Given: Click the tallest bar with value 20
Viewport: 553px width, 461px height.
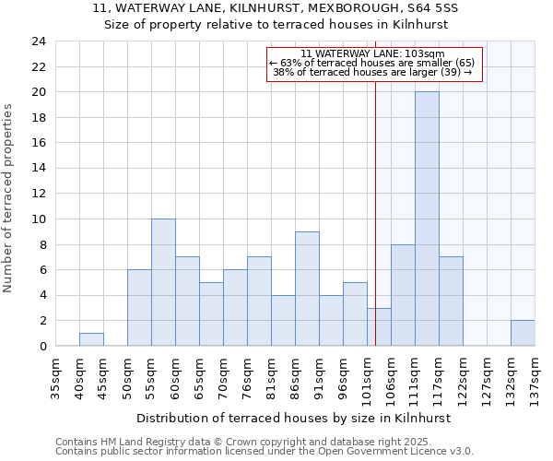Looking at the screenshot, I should click(427, 219).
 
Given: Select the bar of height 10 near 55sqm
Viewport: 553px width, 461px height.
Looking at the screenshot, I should click(163, 282).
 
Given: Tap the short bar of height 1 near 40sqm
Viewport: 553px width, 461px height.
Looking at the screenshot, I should click(91, 339).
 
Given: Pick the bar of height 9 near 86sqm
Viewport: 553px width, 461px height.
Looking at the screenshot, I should click(307, 289).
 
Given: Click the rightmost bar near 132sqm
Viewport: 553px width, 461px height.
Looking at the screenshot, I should click(523, 333).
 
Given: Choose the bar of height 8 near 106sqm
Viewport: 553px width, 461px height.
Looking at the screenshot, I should click(403, 295).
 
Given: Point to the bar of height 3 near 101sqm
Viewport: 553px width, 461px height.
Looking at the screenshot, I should click(379, 326).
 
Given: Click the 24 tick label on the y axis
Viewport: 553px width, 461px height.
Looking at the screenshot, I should click(38, 41).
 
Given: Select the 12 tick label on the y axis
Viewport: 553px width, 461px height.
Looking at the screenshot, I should click(38, 194).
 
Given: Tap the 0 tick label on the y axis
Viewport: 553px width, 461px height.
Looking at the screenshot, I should click(41, 346).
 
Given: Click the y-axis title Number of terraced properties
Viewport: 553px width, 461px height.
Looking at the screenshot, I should click(8, 197).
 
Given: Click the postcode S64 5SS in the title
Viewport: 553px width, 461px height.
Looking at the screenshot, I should click(437, 7).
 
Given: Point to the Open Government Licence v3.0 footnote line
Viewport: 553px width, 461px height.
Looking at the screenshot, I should click(265, 452).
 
